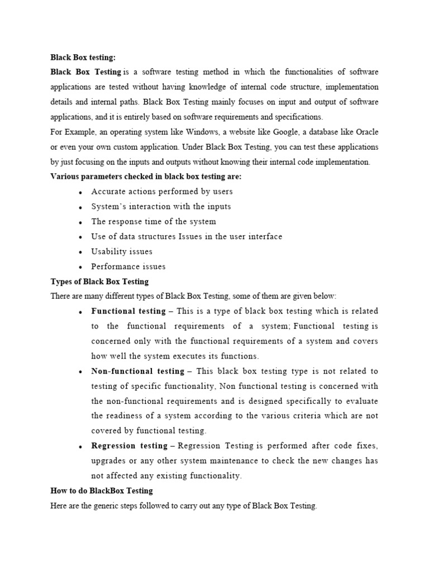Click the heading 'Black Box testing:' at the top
83,57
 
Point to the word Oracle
365,132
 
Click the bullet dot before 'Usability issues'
81,252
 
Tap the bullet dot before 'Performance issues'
81,268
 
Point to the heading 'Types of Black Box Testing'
99,282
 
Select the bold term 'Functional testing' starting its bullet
128,311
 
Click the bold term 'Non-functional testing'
138,371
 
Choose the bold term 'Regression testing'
130,446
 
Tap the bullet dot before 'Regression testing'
81,447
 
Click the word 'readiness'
126,416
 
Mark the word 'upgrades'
108,461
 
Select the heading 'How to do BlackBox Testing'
102,491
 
